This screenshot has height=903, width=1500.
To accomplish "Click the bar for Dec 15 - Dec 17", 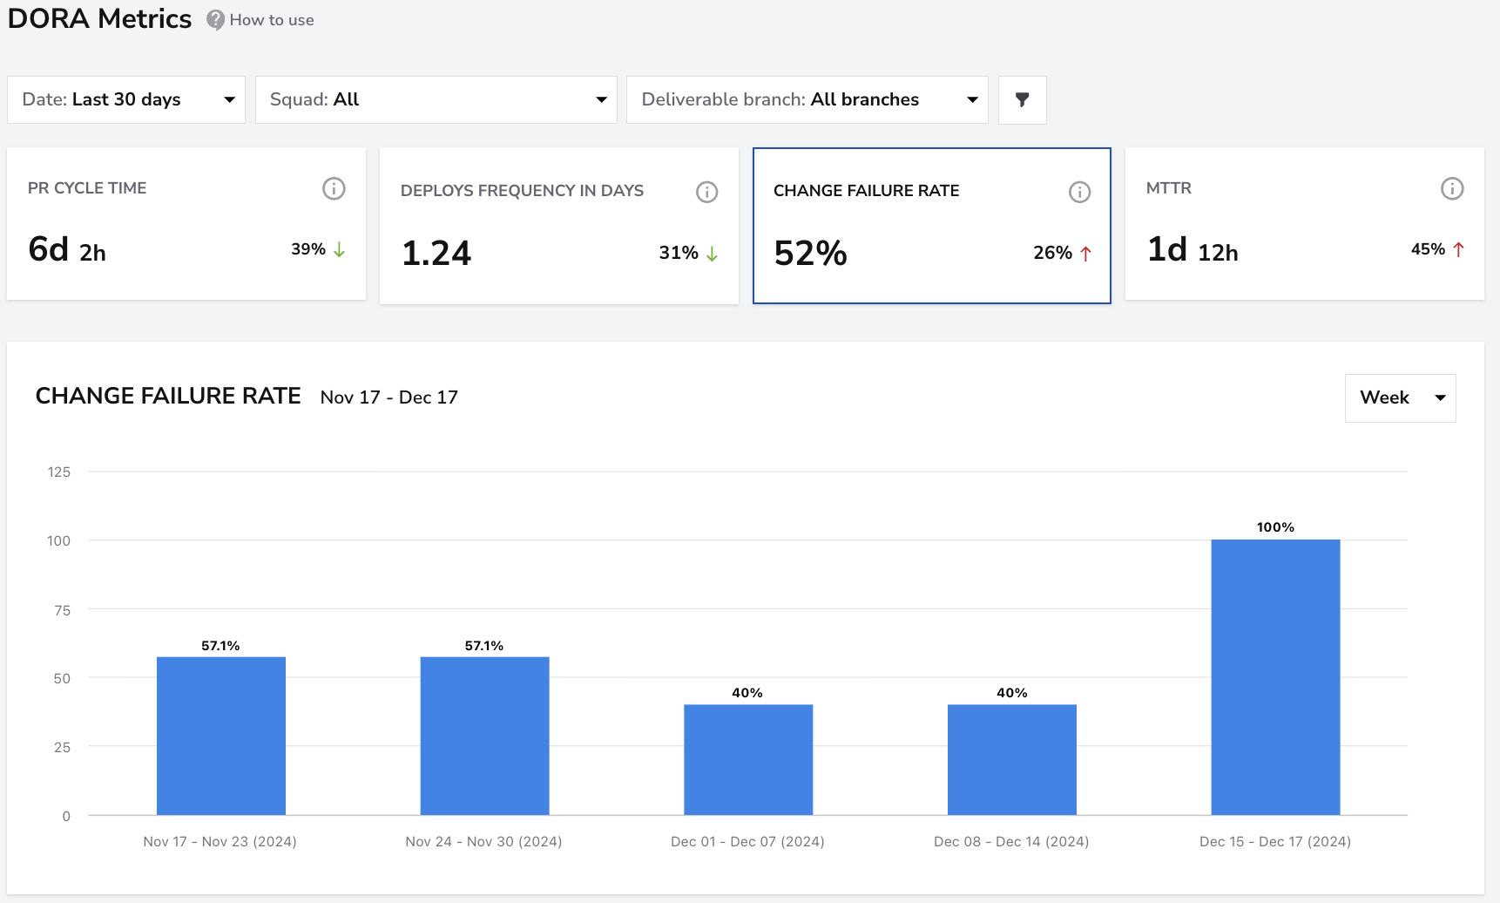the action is click(1275, 677).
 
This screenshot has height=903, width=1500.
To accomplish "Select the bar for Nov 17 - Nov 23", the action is click(221, 736).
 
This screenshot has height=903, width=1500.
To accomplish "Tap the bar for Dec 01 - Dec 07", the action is click(748, 759).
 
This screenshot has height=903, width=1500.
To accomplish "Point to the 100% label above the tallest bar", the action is click(1275, 527).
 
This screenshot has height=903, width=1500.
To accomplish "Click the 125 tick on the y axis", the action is click(59, 472).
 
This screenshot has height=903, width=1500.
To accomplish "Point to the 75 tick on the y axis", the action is click(62, 610).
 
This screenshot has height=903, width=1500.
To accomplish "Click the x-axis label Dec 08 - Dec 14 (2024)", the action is click(1011, 841).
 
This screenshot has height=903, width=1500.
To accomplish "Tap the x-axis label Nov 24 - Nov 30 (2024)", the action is click(483, 841).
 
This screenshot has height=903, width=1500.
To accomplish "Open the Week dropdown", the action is click(1400, 398).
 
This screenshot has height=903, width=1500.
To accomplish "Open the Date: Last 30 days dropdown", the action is click(126, 99).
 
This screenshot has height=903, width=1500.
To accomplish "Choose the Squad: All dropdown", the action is click(436, 99).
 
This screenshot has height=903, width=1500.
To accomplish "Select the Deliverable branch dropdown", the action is click(807, 99).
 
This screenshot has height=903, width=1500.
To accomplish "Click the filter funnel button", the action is click(1022, 99).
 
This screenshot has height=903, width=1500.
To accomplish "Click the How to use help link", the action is click(260, 20).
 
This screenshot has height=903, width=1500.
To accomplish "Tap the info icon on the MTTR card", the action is click(1452, 188).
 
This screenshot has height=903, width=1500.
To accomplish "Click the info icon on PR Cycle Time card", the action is click(334, 188).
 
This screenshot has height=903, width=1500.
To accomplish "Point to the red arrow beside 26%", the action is click(1085, 254).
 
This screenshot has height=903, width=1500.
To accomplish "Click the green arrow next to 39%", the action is click(339, 250).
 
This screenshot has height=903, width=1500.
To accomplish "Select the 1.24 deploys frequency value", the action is click(436, 254).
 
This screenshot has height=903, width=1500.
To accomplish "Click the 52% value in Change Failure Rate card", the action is click(810, 254).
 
